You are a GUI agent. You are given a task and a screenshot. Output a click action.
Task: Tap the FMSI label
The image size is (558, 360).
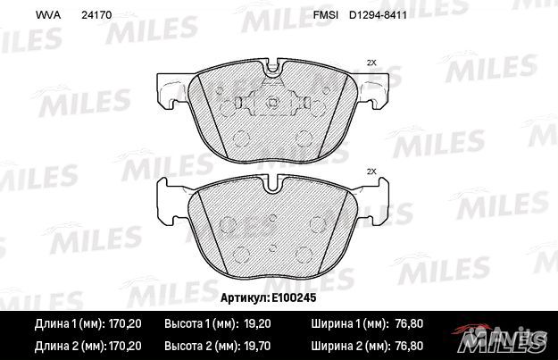pyautogui.click(x=324, y=15)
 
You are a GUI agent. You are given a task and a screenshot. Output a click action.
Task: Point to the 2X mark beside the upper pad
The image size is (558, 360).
pyautogui.click(x=372, y=62)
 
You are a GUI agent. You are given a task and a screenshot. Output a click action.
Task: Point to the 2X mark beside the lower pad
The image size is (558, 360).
pyautogui.click(x=372, y=172)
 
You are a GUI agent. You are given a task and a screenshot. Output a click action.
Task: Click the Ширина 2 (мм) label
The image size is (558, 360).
pyautogui.click(x=349, y=345)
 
